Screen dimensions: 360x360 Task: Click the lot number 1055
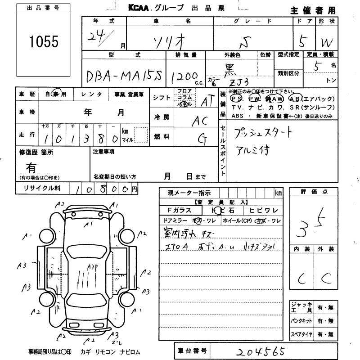click(x=44, y=42)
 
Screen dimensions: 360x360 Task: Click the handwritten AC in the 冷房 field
click(x=201, y=121)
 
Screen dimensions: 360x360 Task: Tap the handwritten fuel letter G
click(x=202, y=139)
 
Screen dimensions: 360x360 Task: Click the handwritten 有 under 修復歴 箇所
click(x=31, y=168)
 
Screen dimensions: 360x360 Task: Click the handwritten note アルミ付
click(x=252, y=150)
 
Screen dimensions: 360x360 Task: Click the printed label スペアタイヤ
click(x=301, y=335)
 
